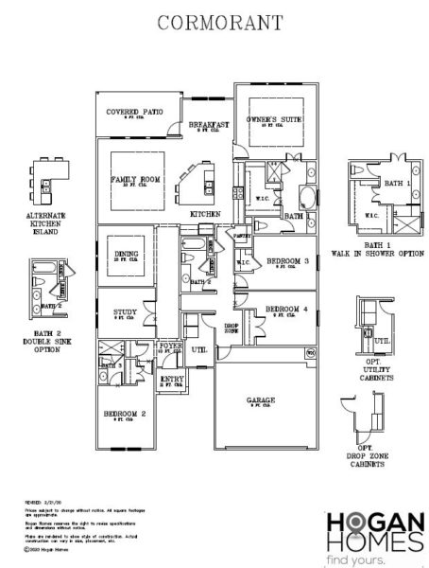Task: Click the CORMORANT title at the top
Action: point(214,20)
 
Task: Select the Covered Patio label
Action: point(134,111)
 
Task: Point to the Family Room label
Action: point(132,178)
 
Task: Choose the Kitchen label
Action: point(205,215)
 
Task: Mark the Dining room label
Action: point(126,255)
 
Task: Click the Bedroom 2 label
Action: point(129,414)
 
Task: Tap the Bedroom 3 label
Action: point(287,260)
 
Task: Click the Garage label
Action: point(261,400)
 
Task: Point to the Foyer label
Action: point(170,346)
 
